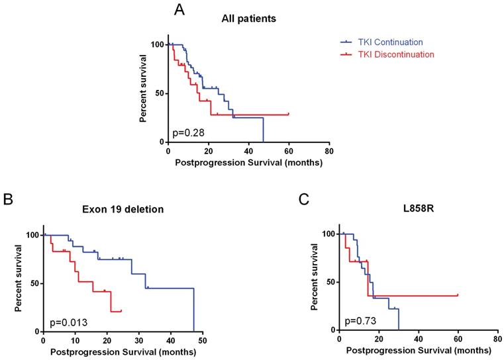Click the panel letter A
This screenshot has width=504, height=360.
click(179, 10)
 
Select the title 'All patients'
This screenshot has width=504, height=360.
click(248, 19)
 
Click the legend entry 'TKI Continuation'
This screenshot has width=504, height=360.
click(391, 41)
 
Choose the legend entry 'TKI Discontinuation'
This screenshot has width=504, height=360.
click(396, 54)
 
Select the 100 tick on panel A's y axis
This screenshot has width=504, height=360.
click(157, 44)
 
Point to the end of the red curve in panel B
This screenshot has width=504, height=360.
click(121, 310)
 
